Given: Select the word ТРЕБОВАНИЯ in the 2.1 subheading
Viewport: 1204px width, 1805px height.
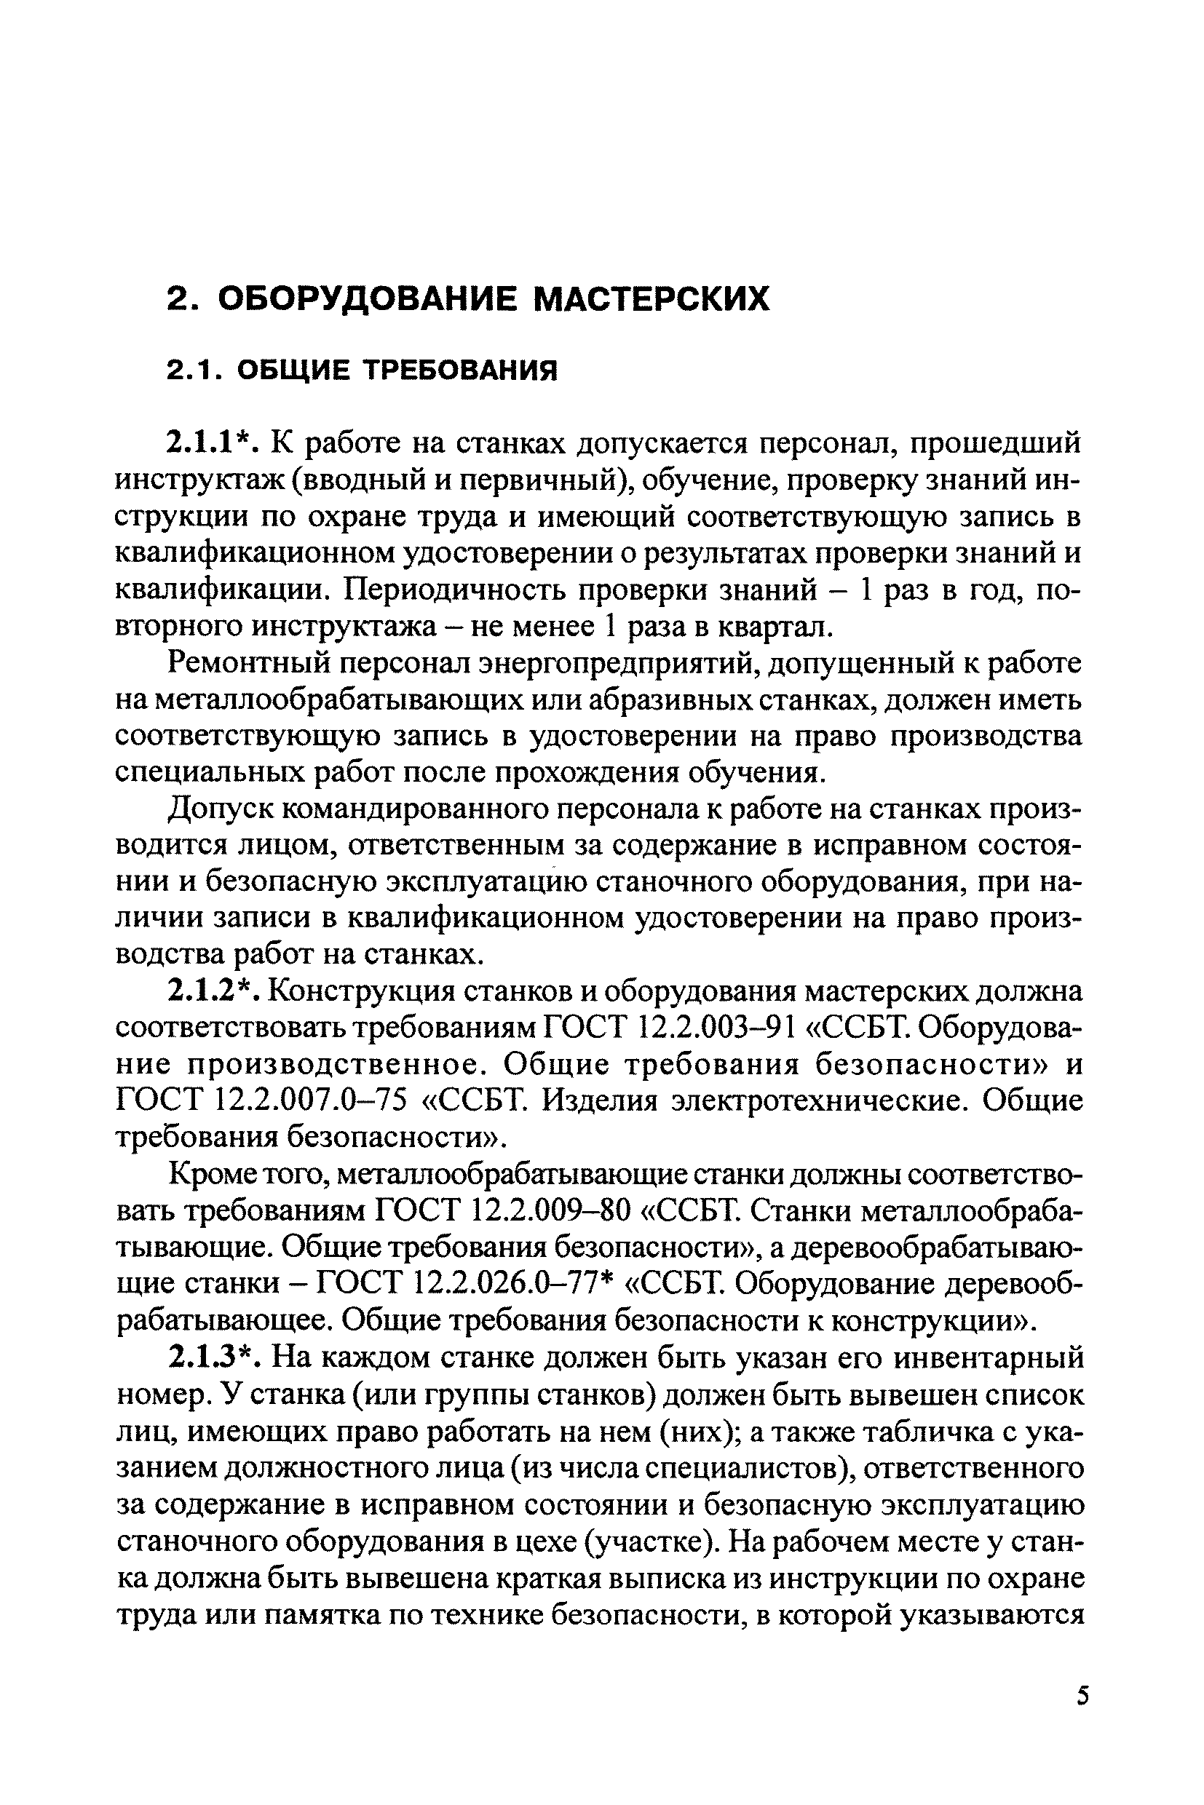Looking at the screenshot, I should [459, 371].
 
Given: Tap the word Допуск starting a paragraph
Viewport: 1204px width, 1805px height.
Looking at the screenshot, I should [218, 809].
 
